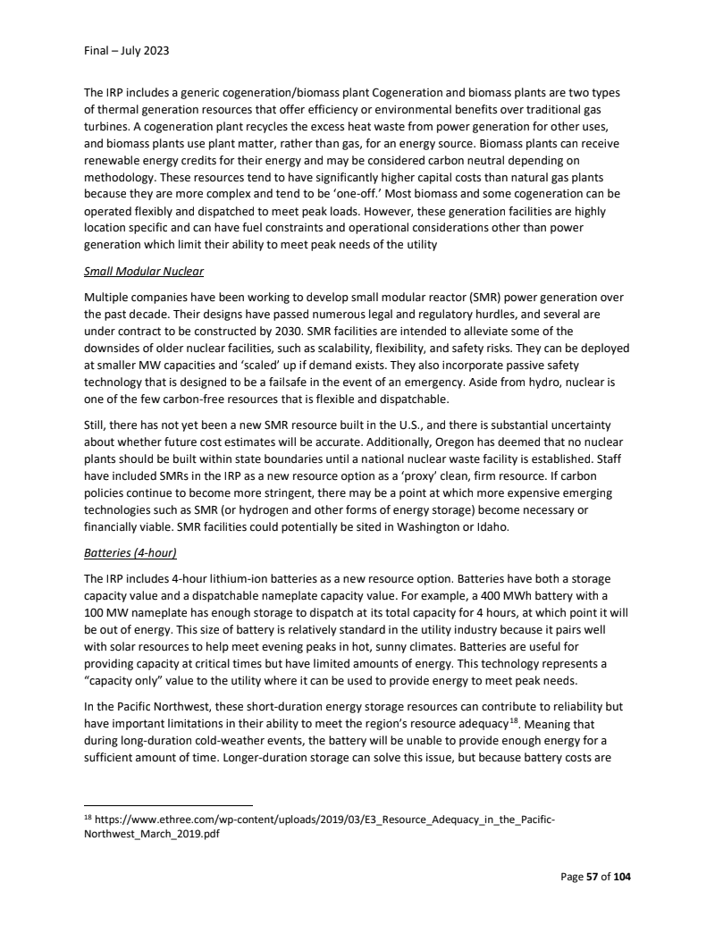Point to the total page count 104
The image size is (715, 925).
pyautogui.click(x=620, y=877)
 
